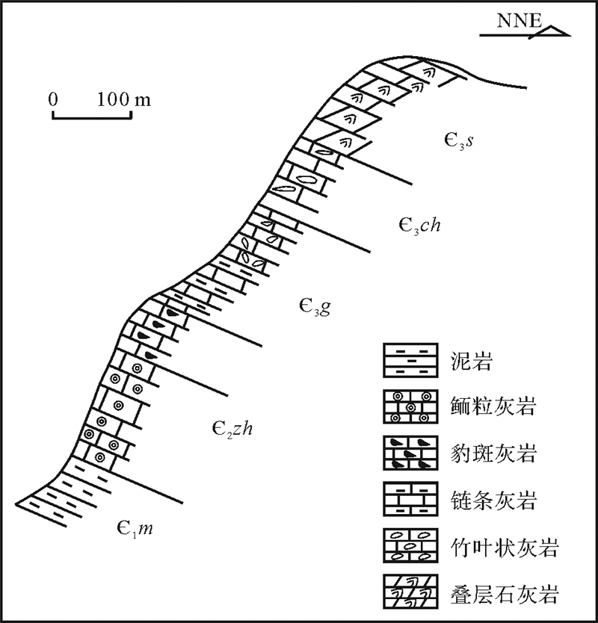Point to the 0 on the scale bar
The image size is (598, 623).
tap(53, 99)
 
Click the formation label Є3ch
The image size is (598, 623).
tap(418, 225)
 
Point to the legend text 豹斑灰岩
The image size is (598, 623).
tap(500, 453)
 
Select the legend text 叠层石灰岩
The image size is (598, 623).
tap(511, 595)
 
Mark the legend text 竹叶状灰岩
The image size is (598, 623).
tap(511, 549)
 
